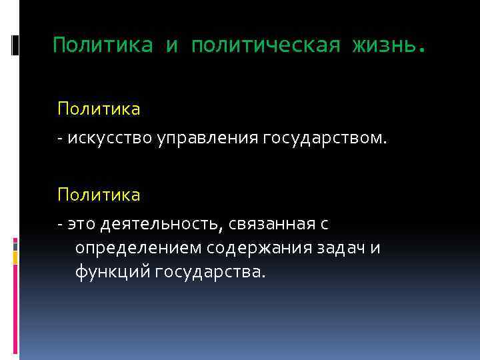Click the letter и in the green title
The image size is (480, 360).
point(172,45)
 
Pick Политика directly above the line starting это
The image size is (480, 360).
point(99,195)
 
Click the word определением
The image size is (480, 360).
point(139,248)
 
